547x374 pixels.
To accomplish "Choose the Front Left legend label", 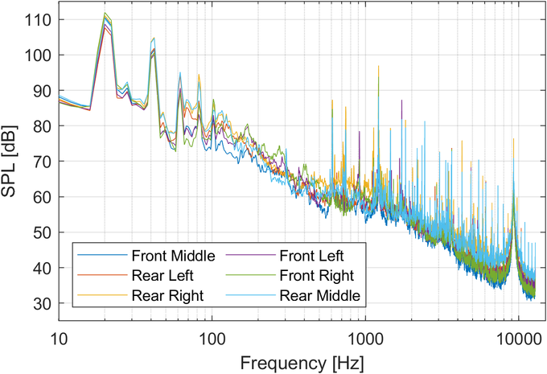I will pyautogui.click(x=311, y=257).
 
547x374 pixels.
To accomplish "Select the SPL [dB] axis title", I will pyautogui.click(x=14, y=161).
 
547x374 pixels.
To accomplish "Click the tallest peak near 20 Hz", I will pyautogui.click(x=105, y=14).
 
